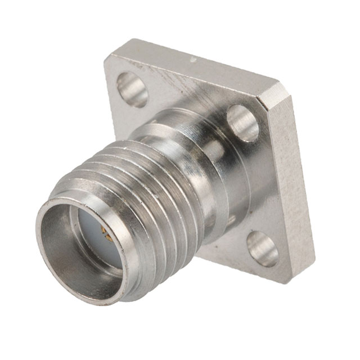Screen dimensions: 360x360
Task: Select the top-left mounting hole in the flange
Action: [132, 88]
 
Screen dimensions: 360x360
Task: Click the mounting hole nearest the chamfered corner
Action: [243, 123]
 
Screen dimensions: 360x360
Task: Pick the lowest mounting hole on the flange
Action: [263, 248]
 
